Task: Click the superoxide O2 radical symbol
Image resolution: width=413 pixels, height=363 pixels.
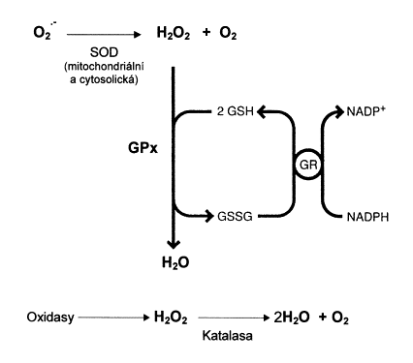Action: point(44,32)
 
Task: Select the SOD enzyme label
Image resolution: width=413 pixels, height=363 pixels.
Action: point(104,52)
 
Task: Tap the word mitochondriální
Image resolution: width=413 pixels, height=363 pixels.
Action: point(106,67)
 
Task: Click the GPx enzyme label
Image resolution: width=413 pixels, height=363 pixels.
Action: point(143,148)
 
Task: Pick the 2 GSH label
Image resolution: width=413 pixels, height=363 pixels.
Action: point(235,111)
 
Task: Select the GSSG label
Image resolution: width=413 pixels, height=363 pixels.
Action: point(235,216)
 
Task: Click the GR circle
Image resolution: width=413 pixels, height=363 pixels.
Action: point(308,166)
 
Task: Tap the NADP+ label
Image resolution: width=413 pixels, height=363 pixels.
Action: point(365,111)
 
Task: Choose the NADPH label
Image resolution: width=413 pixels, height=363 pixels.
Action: point(367,217)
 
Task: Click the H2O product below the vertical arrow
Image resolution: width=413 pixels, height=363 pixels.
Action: point(175,262)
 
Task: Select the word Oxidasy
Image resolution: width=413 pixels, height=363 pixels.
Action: point(50,318)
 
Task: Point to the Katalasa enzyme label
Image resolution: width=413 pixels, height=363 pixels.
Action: point(227,336)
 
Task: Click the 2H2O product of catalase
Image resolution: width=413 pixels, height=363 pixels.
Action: point(291,318)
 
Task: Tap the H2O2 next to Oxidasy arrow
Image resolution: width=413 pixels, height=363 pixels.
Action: point(171,318)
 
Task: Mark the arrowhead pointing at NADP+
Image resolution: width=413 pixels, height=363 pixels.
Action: point(339,111)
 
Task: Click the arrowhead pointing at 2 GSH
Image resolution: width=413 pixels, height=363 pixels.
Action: point(262,111)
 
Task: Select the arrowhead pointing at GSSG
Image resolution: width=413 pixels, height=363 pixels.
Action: point(209,216)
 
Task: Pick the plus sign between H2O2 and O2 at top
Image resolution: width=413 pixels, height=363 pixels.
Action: point(206,33)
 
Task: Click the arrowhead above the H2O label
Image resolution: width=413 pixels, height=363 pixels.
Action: point(174,244)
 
